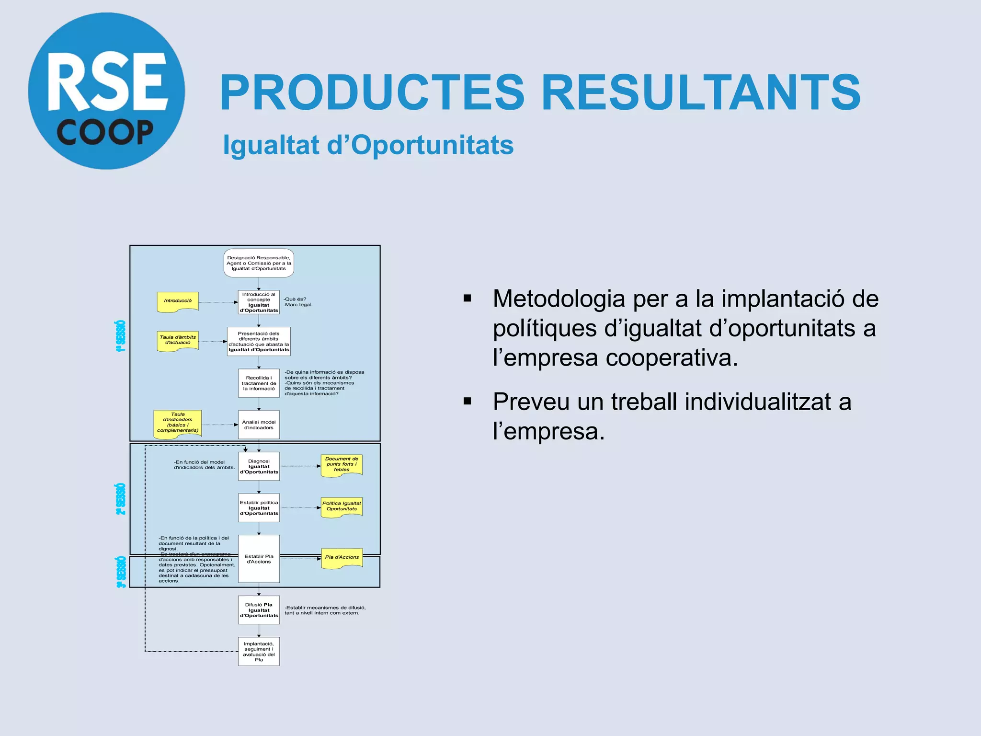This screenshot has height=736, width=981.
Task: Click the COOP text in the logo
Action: pos(105,132)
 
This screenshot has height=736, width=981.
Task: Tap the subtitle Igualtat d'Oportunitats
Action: pos(368,145)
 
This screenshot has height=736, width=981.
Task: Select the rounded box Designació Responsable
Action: pos(259,263)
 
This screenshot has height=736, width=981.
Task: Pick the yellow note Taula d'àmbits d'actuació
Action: pos(178,341)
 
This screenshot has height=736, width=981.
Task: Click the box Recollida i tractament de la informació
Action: pos(259,383)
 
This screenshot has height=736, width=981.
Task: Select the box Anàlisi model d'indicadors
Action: pos(259,425)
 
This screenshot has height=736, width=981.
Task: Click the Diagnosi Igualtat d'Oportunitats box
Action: pos(259,466)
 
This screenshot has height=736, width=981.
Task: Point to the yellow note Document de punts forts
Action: pos(342,465)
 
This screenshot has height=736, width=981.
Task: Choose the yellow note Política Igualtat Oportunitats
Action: pos(342,507)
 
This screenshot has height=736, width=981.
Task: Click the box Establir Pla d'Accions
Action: pos(259,559)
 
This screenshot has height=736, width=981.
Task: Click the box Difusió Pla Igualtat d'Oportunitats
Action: pos(259,610)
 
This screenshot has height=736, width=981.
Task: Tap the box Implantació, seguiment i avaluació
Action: pos(259,652)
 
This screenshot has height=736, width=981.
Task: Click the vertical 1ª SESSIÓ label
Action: pos(121,336)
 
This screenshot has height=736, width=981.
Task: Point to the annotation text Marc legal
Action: pos(298,305)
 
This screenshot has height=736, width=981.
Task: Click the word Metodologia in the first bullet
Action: pos(559,299)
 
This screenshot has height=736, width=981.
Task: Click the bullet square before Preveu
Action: pos(468,401)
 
